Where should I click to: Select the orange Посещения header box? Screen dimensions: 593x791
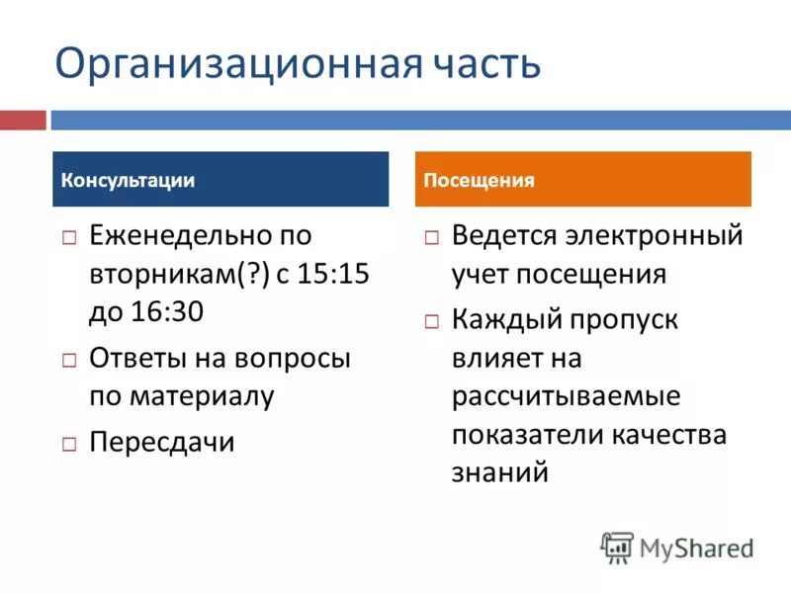coord(582,179)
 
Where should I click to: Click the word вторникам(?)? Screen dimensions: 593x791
coord(172,274)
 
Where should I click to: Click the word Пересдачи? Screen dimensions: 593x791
coord(162,442)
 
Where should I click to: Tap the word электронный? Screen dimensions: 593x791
coord(653,235)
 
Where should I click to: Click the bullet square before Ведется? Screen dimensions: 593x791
coord(432,238)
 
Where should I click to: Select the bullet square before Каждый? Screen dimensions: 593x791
coord(432,322)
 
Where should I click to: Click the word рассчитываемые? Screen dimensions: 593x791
coord(566,396)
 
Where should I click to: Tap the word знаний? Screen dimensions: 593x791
coord(499,471)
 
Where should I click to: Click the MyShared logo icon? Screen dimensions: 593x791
coord(617,547)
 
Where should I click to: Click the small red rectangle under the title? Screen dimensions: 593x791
coord(23,121)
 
